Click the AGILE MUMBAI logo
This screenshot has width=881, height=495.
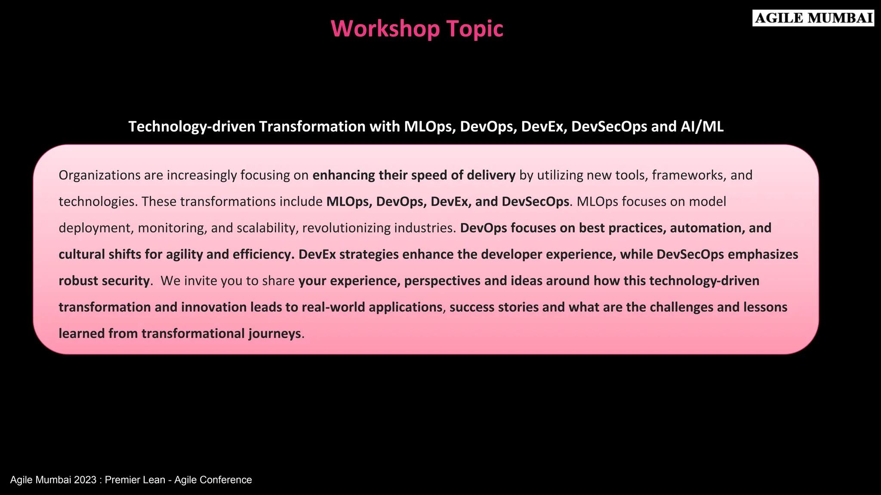coord(813,18)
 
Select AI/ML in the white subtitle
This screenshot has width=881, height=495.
coord(702,126)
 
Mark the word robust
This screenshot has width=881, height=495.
coord(79,281)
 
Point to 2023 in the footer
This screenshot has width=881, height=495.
coord(85,480)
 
